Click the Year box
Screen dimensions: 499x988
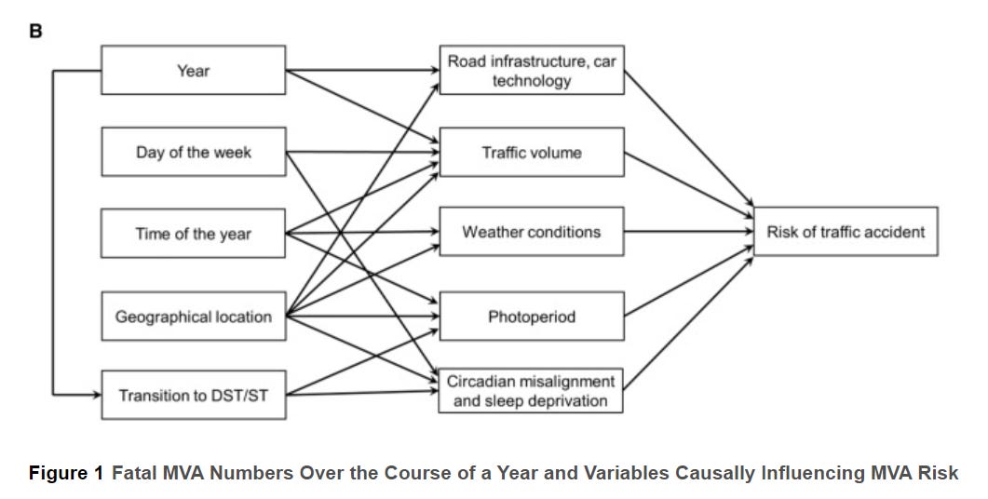click(193, 70)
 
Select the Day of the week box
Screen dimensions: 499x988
click(193, 152)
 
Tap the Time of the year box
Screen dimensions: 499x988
click(193, 234)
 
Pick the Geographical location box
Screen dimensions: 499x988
click(193, 317)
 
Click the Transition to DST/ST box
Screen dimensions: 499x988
click(193, 396)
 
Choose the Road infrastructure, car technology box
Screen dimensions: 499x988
click(532, 70)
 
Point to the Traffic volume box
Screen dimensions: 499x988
click(532, 152)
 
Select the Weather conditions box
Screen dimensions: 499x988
click(532, 232)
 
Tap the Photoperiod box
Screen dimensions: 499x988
click(532, 317)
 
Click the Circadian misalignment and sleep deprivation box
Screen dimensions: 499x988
click(532, 391)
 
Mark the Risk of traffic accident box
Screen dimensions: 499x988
click(846, 231)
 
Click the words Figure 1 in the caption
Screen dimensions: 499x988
click(66, 473)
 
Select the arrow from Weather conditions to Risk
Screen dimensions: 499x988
click(689, 231)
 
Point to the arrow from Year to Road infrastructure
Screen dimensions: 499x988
click(363, 69)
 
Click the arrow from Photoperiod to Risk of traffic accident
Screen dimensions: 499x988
click(689, 280)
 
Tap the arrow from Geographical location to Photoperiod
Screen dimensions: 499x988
click(363, 317)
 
